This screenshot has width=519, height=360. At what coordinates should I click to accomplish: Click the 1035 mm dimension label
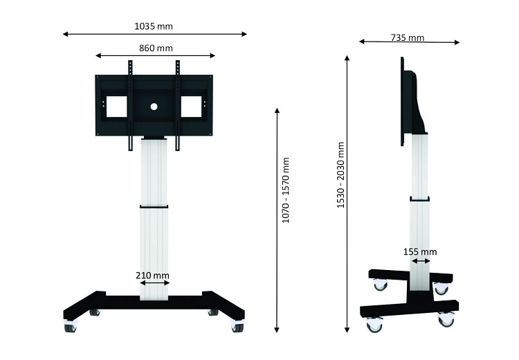154,26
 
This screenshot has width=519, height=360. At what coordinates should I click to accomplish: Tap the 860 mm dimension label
156,48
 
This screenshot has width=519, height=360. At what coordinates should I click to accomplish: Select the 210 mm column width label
152,276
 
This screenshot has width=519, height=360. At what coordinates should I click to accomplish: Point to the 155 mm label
420,252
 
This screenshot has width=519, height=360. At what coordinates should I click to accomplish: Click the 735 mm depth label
408,38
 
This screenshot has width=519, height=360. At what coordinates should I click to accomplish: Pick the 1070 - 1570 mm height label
285,190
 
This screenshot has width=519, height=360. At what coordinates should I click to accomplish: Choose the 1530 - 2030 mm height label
340,175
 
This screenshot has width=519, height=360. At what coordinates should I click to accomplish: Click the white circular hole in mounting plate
154,107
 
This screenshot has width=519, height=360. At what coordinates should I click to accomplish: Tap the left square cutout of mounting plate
116,107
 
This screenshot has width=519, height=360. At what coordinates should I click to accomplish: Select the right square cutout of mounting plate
191,107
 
